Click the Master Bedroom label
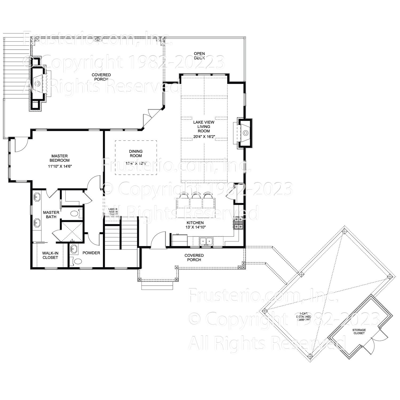tap(59, 158)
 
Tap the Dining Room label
tap(136, 154)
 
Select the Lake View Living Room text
tap(204, 126)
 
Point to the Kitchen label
tap(195, 223)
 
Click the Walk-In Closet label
tap(50, 255)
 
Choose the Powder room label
tap(91, 253)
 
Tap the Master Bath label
tap(51, 215)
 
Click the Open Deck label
tap(199, 56)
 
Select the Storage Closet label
tap(359, 331)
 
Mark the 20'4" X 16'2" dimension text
tap(204, 137)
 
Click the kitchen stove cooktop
tap(238, 223)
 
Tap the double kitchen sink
tap(206, 241)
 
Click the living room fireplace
tap(245, 133)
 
